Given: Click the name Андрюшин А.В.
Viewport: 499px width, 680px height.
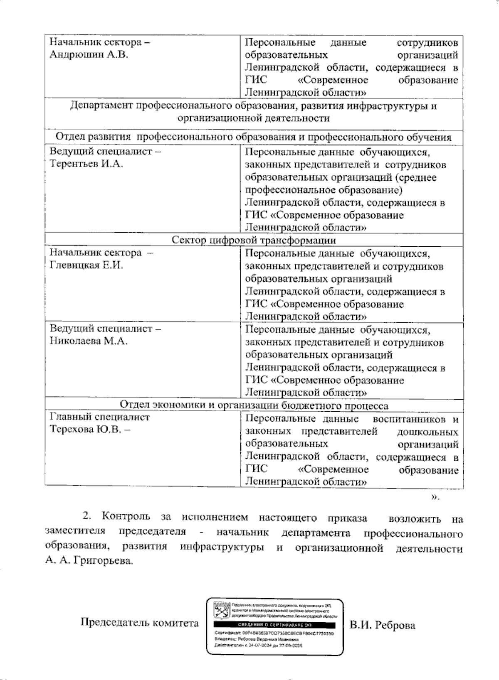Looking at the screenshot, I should [x=89, y=55].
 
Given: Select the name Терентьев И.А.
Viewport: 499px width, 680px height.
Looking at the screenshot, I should [x=86, y=164].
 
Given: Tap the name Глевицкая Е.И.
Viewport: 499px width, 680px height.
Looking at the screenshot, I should [x=86, y=265].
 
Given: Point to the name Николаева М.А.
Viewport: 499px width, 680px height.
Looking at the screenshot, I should [x=89, y=341].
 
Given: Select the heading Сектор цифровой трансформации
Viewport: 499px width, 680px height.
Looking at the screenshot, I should [x=254, y=241].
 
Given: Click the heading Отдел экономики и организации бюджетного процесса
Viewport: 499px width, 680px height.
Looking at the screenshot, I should [x=254, y=405].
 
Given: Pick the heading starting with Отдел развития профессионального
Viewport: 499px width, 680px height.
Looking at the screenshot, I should [x=254, y=137].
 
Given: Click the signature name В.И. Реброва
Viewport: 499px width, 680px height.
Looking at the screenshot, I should [x=382, y=626].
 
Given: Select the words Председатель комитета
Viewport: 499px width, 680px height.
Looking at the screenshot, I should [x=139, y=623].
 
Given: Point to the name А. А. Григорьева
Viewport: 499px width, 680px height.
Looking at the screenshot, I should [x=89, y=561].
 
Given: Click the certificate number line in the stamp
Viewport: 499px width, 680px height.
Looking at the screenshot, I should [x=274, y=633].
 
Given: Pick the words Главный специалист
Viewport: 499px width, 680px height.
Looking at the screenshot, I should [x=100, y=417].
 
